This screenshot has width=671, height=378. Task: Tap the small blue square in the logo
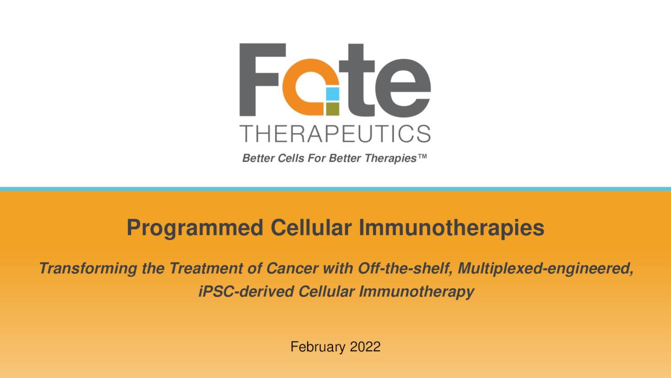pyautogui.click(x=332, y=94)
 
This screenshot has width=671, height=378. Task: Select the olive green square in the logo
pyautogui.click(x=332, y=109)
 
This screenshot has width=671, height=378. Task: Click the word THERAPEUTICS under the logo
pyautogui.click(x=335, y=134)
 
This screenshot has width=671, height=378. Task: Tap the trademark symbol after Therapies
pyautogui.click(x=423, y=158)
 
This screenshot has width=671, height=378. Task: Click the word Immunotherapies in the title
pyautogui.click(x=451, y=228)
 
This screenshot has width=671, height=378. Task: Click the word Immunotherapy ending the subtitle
pyautogui.click(x=417, y=291)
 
